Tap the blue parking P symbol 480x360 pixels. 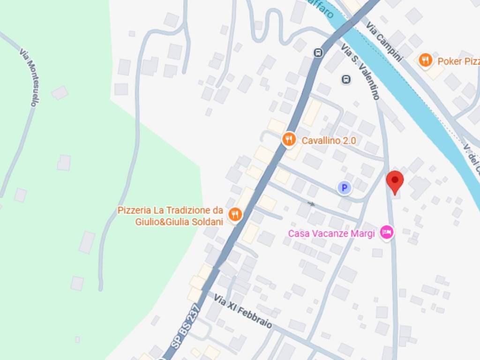[345, 188]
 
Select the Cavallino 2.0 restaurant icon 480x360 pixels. [289, 139]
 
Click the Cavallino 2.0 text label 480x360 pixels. [329, 140]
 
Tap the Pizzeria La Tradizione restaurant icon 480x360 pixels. [235, 215]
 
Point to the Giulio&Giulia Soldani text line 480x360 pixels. [179, 222]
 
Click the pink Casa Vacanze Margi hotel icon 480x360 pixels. [387, 232]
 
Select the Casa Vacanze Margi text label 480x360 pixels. [331, 233]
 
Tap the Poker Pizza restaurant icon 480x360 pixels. [425, 60]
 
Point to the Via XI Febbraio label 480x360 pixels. [243, 311]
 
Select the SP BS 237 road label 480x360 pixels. [186, 326]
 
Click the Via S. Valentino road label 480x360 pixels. [361, 72]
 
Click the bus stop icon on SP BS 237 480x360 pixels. [318, 52]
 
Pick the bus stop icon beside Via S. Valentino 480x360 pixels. [346, 79]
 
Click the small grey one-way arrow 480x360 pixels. [311, 203]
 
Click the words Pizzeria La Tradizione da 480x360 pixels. [170, 210]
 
